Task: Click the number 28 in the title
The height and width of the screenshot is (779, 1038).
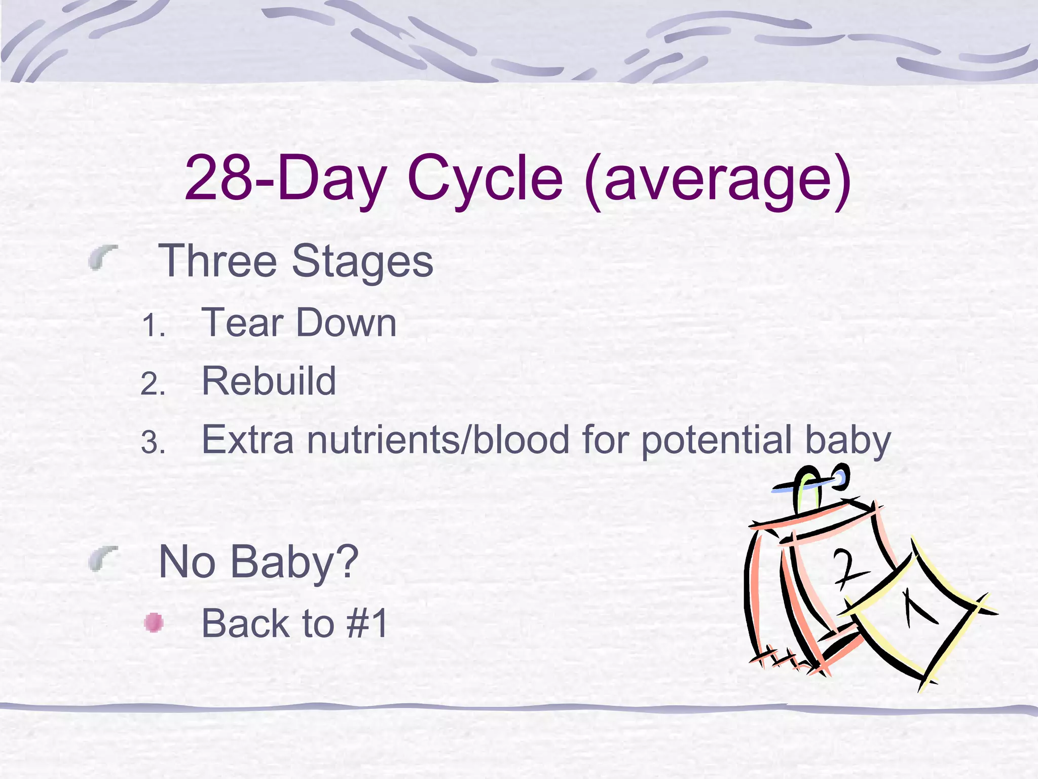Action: (x=218, y=179)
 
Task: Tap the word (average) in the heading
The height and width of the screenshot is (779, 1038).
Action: (x=718, y=180)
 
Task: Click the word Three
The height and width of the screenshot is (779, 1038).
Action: (x=217, y=261)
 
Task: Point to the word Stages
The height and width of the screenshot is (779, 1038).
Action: (x=362, y=262)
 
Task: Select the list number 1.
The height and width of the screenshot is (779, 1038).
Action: (x=153, y=326)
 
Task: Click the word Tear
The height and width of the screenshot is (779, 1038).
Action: (x=242, y=323)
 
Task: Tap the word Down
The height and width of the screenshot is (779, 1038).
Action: (x=346, y=323)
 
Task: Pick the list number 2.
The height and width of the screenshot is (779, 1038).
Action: (x=153, y=384)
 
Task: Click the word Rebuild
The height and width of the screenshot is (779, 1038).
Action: (x=269, y=381)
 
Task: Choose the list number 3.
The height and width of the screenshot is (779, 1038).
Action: (x=153, y=443)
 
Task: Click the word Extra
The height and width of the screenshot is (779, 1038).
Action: (x=247, y=440)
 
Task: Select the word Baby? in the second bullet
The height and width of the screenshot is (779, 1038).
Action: (x=294, y=562)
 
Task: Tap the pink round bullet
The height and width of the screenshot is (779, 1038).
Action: (x=153, y=623)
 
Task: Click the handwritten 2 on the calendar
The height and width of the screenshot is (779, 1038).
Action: (x=848, y=569)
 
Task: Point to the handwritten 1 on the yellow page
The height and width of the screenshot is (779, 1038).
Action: (x=917, y=609)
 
